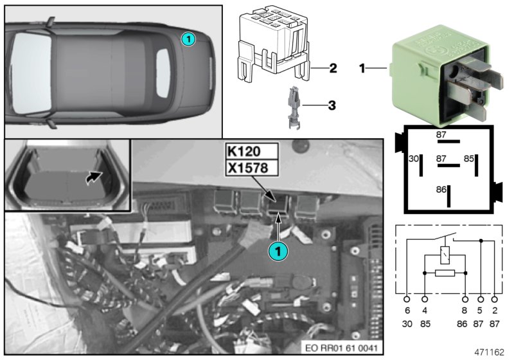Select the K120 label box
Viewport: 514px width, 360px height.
[251, 153]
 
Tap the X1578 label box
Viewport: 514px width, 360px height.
[251, 168]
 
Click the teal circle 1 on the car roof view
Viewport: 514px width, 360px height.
[187, 39]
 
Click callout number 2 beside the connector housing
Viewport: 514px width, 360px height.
[332, 67]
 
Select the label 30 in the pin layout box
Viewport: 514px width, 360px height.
[413, 157]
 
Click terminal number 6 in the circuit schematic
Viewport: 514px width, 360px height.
[407, 310]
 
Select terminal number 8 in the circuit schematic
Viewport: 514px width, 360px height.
[465, 310]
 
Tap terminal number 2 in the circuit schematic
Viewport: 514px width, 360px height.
[494, 310]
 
